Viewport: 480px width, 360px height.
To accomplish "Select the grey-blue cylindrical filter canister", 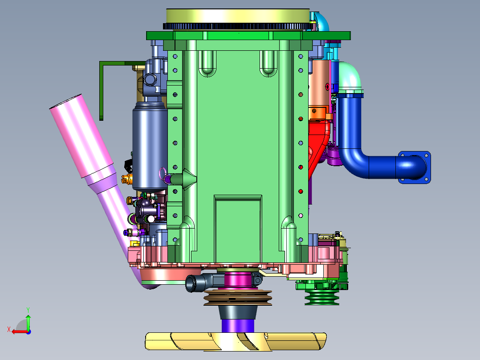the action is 150,147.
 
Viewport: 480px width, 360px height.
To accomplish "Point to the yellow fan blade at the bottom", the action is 236,341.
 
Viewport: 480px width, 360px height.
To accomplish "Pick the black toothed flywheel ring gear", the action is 239,26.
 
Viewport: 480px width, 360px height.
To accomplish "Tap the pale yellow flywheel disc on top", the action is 238,16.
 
